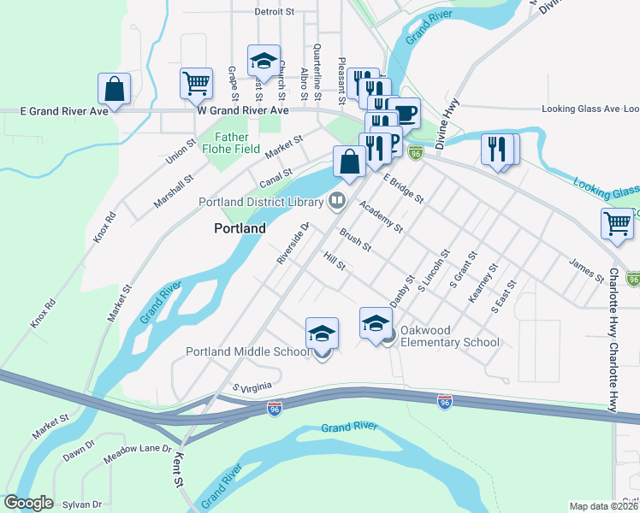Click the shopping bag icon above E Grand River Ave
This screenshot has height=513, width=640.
(114, 89)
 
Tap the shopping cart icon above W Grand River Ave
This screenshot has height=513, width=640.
(196, 83)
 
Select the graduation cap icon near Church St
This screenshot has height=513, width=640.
(264, 61)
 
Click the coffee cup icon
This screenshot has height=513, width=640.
(406, 113)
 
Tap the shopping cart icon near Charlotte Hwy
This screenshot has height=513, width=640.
(617, 224)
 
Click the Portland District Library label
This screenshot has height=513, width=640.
(260, 203)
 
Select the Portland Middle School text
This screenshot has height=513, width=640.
(248, 352)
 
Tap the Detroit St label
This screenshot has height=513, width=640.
(274, 12)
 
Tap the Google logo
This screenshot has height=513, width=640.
(28, 503)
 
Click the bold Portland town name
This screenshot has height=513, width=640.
(239, 229)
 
